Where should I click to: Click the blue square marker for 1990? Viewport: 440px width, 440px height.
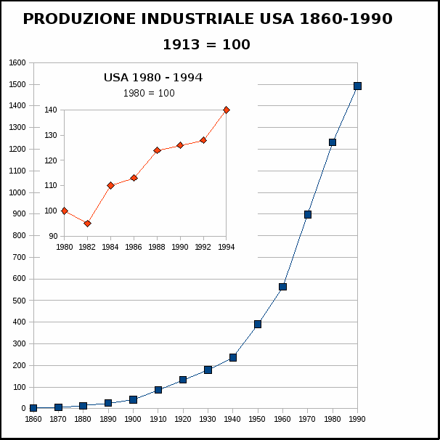coord(357,86)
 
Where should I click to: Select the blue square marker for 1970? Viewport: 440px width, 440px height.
coord(308,214)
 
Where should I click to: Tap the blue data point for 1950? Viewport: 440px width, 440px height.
coord(258,324)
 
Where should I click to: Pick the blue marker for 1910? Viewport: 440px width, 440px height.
coord(158,390)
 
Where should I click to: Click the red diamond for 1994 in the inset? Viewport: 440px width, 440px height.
coord(227,110)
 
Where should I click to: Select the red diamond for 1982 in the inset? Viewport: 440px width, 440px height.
coord(87,224)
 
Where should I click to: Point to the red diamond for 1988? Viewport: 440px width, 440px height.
coord(157,150)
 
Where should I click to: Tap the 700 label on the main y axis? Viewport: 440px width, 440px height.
coord(20,257)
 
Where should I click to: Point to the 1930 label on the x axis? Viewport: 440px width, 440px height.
coord(208,419)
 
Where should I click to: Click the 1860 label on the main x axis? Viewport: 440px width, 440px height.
coord(33,419)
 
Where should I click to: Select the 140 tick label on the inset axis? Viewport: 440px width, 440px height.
coord(50,110)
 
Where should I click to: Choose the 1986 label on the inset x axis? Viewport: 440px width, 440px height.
coord(134,247)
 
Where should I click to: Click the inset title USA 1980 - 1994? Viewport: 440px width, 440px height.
coord(152,78)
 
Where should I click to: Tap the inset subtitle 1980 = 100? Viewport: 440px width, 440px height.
coord(149,93)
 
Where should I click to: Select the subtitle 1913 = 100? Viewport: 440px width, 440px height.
coord(206,44)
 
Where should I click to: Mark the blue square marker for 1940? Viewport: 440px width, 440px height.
coord(233,357)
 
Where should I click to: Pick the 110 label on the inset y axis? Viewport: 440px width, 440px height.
coord(50,186)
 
